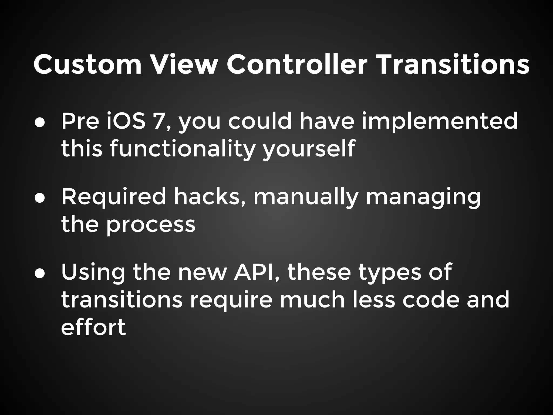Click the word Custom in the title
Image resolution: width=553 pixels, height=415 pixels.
pyautogui.click(x=87, y=65)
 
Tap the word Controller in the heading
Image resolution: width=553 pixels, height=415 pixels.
pyautogui.click(x=297, y=65)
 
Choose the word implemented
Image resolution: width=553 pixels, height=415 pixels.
pyautogui.click(x=440, y=122)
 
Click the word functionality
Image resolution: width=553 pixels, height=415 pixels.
pyautogui.click(x=183, y=149)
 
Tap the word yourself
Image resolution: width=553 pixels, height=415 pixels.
pyautogui.click(x=309, y=149)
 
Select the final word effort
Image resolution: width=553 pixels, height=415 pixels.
pyautogui.click(x=93, y=327)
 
